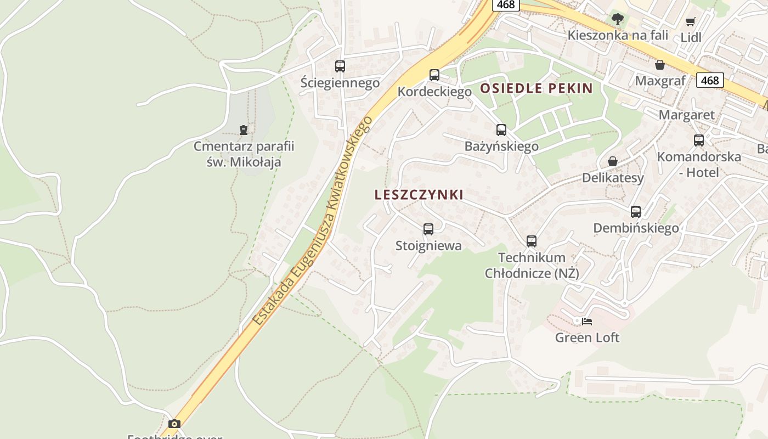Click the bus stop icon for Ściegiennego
pos(340,67)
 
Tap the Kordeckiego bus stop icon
pos(434,75)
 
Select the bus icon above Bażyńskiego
pos(501,130)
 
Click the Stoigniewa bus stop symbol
pos(428,229)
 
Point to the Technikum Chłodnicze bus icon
pos(532,241)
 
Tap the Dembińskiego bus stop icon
pos(636,211)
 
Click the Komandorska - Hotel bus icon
pos(699,140)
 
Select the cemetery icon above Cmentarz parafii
pos(244,130)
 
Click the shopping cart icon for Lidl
pos(690,22)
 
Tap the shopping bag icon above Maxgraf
pos(660,65)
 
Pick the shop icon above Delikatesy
pos(613,161)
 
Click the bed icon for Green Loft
pos(587,321)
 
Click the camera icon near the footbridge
pos(174,424)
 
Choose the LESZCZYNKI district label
pos(419,195)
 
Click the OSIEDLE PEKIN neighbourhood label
pos(537,88)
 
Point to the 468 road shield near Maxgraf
pos(710,80)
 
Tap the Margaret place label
pos(686,115)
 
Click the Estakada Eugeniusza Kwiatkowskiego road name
pos(313,221)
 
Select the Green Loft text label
pos(587,337)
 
